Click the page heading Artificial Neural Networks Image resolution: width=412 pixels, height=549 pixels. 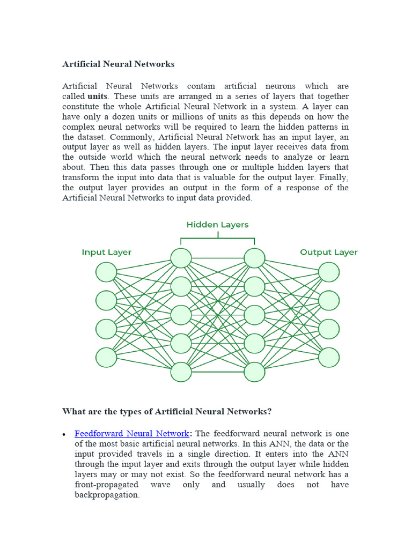point(119,64)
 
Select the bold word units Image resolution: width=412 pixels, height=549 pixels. point(98,97)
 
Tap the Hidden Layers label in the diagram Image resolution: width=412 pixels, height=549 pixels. point(217,225)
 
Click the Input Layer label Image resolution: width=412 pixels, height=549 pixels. point(106,252)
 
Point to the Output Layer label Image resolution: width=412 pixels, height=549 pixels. point(328,252)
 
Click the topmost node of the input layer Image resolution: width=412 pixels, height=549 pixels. point(106,272)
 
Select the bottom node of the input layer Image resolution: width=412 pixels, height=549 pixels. point(106,357)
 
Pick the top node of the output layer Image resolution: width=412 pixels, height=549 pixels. point(329,272)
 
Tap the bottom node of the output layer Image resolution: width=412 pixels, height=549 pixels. point(329,357)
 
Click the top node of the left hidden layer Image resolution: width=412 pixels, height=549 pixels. point(181,258)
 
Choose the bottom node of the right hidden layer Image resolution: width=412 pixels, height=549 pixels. point(255,372)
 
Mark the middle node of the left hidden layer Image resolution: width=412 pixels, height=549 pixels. point(181,315)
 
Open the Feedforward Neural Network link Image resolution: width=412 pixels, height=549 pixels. point(131,433)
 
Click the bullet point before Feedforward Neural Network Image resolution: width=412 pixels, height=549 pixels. point(64,434)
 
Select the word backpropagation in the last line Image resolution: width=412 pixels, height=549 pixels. point(107,495)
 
